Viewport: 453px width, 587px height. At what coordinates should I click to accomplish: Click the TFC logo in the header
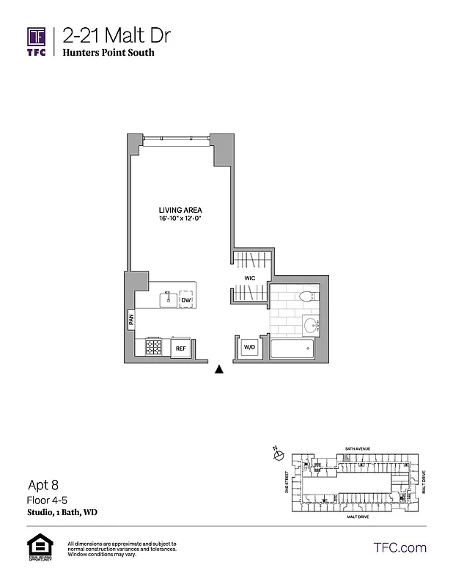click(x=37, y=40)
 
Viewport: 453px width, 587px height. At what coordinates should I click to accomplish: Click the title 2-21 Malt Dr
click(x=108, y=35)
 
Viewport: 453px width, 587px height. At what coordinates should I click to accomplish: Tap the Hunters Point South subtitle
click(x=108, y=53)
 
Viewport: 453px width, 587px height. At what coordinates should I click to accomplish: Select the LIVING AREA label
click(x=180, y=210)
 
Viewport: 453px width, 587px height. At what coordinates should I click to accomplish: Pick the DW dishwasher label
click(x=186, y=300)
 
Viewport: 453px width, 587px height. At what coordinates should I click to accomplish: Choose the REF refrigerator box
click(x=180, y=349)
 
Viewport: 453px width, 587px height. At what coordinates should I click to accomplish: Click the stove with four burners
click(x=154, y=347)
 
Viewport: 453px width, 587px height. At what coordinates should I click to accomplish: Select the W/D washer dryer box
click(x=249, y=347)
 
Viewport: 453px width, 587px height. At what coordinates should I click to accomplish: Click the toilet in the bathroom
click(x=307, y=298)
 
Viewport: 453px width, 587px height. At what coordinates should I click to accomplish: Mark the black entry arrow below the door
click(x=218, y=370)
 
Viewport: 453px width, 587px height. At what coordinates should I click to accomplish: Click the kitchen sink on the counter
click(x=168, y=299)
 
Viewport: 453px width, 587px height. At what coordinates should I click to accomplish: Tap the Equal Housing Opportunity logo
click(x=37, y=548)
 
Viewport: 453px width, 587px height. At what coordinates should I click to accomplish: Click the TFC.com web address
click(x=399, y=547)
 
